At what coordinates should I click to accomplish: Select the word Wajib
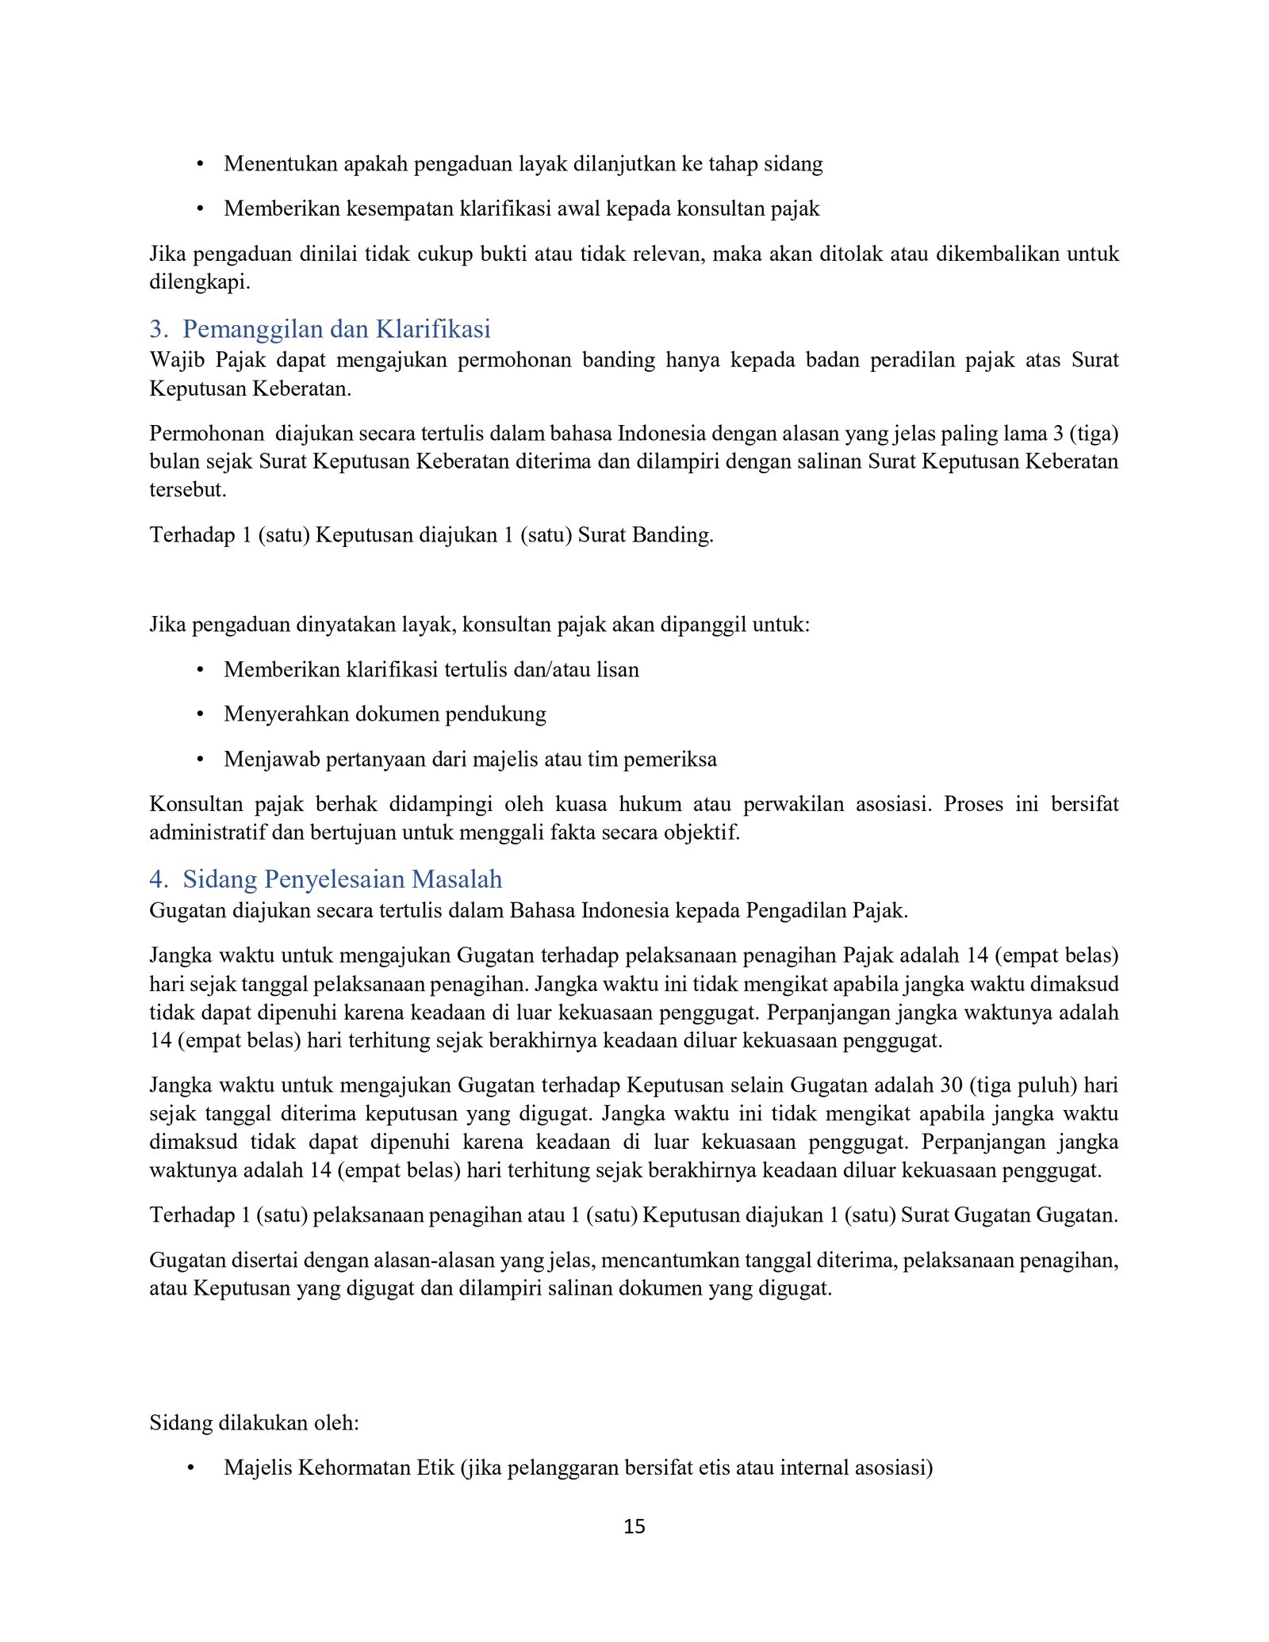[171, 360]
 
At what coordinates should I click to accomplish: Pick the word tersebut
[187, 489]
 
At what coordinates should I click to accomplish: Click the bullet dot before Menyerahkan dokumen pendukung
[201, 714]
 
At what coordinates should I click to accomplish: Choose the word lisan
[618, 670]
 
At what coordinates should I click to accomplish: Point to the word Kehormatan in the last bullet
[354, 1468]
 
